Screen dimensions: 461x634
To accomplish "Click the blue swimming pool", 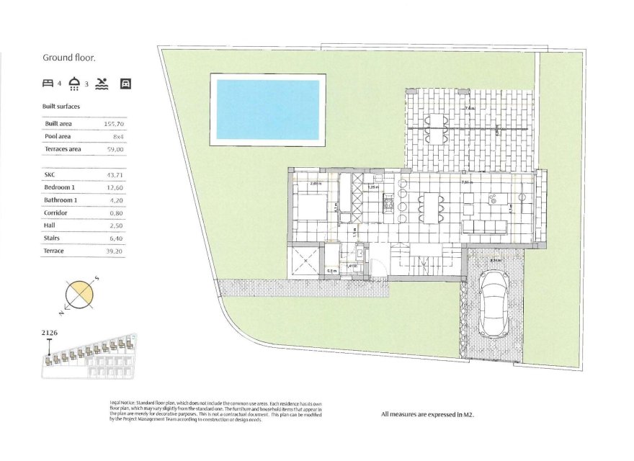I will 268,109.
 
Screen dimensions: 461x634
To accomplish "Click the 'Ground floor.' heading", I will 69,58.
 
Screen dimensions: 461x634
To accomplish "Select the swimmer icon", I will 102,84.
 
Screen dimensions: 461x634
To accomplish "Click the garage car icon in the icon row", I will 125,84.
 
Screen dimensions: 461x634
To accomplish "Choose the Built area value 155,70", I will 115,124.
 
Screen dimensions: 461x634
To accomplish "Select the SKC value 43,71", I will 115,175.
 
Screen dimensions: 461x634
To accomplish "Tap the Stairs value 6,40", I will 115,238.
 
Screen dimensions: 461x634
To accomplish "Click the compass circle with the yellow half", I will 79,296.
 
